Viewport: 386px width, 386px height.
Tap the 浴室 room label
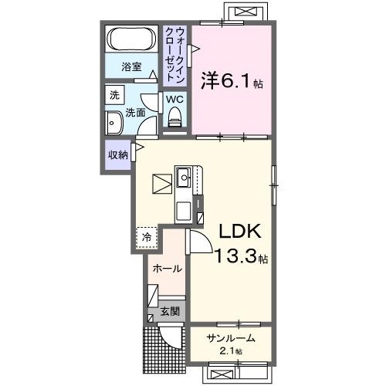point(132,68)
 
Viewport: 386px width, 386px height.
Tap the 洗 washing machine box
point(114,96)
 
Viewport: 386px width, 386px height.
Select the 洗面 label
point(135,112)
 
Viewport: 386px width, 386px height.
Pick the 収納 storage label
point(117,154)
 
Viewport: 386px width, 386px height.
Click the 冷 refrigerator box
point(145,238)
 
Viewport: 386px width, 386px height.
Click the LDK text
point(241,232)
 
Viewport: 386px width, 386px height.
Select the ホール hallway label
point(167,269)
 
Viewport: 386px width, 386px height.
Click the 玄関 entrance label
point(169,313)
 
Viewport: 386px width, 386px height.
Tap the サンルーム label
point(229,338)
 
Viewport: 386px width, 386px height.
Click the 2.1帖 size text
point(229,351)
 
